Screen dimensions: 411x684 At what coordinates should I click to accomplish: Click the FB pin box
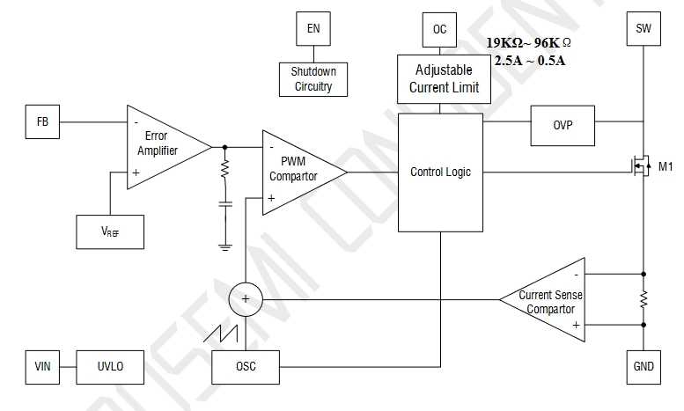(x=42, y=123)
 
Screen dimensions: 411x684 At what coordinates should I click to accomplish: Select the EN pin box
(x=313, y=29)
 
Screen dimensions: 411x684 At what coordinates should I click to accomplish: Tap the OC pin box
(x=440, y=29)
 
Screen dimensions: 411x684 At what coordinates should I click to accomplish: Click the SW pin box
(x=643, y=29)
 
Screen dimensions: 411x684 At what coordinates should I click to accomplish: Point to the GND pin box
(x=643, y=366)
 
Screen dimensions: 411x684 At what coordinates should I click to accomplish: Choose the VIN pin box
(x=42, y=366)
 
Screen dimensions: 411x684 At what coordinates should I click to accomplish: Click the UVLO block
(x=108, y=366)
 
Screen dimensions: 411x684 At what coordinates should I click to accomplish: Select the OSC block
(x=246, y=366)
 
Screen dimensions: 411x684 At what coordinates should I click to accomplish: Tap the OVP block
(x=563, y=125)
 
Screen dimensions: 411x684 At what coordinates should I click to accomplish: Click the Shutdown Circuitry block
(x=313, y=78)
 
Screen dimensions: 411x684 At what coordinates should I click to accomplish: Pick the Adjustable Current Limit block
(x=440, y=78)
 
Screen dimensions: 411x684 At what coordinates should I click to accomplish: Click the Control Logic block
(x=440, y=172)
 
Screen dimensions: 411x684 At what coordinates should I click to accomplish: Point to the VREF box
(x=109, y=231)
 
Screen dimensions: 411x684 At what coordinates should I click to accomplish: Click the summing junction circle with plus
(x=246, y=301)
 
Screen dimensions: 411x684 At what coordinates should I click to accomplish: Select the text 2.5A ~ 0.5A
(x=530, y=60)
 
